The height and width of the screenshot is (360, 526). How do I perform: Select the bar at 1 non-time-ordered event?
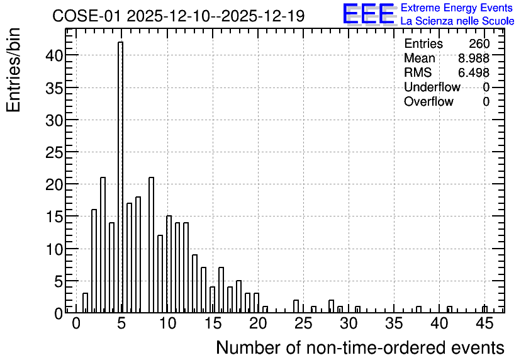pos(85,303)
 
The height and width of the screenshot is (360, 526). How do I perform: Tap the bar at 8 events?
pos(151,245)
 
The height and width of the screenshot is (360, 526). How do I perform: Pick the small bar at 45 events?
pos(484,310)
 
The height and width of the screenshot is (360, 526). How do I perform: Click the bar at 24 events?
pos(296,307)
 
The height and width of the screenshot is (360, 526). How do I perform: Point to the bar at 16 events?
pos(221,290)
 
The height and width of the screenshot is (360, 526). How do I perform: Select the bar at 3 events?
pos(103,245)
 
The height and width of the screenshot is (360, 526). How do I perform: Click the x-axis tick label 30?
pos(349,323)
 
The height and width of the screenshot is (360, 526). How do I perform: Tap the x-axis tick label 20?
pos(258,323)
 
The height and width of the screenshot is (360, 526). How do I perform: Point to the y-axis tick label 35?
pos(54,88)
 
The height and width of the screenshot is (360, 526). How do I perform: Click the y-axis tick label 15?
pos(54,217)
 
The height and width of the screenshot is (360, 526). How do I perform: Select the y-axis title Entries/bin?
pos(13,70)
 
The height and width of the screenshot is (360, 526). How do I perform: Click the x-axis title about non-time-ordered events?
pos(360,347)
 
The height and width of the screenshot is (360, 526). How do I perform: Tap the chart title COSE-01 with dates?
pos(179,16)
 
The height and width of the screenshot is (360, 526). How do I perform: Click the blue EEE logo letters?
pos(369,14)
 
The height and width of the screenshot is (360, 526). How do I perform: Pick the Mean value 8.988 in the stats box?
pos(474,58)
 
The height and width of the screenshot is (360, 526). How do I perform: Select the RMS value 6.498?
pos(474,72)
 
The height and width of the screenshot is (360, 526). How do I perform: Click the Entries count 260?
pos(479,43)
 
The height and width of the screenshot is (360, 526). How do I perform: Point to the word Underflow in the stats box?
pos(432,87)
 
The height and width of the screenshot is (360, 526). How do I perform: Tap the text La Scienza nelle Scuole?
pos(457,21)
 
